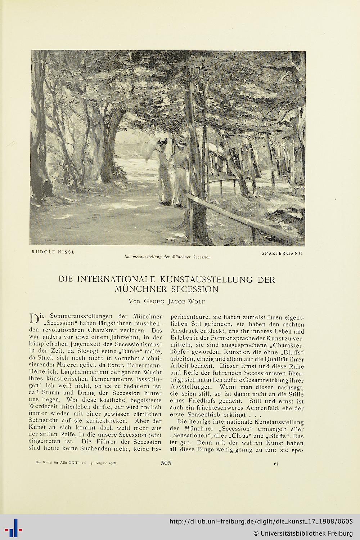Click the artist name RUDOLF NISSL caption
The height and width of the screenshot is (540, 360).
tap(53, 252)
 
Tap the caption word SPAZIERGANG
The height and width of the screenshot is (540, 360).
tap(282, 253)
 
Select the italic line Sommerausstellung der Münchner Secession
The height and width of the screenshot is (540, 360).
tap(167, 257)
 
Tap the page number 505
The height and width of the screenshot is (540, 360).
tap(166, 463)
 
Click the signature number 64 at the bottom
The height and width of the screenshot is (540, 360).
tap(276, 464)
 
